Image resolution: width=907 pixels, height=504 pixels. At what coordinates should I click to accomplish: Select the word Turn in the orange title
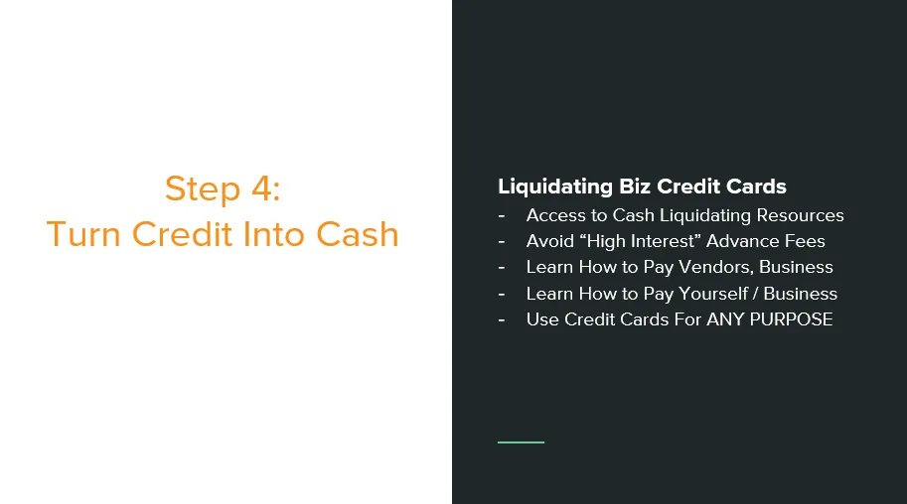click(83, 234)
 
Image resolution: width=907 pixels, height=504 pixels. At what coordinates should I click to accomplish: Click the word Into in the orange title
click(273, 234)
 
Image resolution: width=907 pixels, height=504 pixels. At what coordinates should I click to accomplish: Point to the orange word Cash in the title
click(358, 234)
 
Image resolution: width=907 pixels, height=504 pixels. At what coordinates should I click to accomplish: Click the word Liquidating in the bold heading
click(555, 187)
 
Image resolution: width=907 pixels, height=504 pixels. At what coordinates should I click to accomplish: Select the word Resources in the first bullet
click(800, 215)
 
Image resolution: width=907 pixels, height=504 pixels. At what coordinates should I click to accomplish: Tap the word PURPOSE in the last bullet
click(792, 319)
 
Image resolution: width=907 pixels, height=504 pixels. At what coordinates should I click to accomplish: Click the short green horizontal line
click(521, 442)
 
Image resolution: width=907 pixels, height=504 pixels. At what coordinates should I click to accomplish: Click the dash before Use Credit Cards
click(502, 320)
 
